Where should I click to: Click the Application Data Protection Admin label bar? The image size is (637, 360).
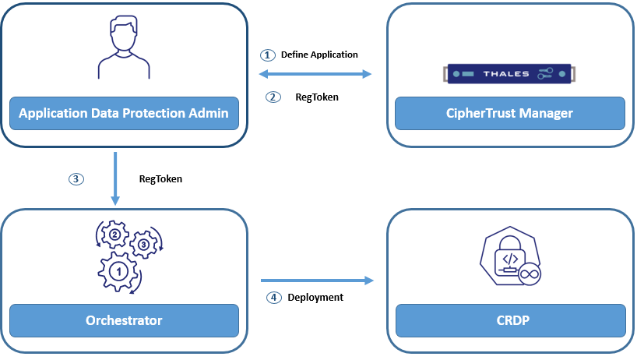point(124,114)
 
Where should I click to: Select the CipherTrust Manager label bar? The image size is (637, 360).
point(510,114)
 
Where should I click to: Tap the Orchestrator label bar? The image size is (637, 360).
point(124,320)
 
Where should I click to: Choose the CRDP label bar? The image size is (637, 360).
point(510,320)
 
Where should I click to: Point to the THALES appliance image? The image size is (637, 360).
point(510,74)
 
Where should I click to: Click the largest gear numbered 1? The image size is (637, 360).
point(118,272)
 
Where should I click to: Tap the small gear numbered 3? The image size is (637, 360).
point(143,245)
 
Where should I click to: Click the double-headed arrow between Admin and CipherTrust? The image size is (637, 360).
point(315,75)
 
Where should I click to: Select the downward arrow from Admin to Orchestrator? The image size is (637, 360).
point(114,178)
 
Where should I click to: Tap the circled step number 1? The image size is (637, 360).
point(268,55)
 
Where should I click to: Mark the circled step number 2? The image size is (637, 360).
point(272,97)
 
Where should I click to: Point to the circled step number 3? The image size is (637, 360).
point(76,178)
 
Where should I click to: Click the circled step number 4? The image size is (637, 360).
point(273,297)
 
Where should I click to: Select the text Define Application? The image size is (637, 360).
point(319,55)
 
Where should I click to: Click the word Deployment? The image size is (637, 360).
point(315,297)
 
